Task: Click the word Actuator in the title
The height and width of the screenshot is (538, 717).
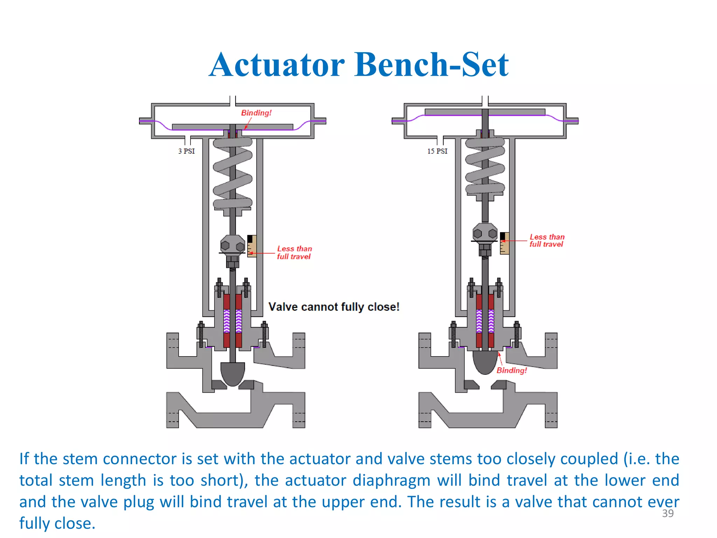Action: tap(277, 65)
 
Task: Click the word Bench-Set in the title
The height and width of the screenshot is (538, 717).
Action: tap(431, 65)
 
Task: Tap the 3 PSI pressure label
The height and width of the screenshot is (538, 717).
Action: tap(186, 151)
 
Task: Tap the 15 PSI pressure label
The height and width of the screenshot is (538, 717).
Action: tap(437, 151)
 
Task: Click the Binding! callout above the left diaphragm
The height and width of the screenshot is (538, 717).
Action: tap(256, 113)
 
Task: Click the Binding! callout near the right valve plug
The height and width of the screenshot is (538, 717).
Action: tap(511, 370)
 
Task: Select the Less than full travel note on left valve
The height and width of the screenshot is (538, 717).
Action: tap(294, 253)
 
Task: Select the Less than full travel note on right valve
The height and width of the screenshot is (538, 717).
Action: tap(547, 241)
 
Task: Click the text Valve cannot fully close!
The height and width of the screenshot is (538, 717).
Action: tap(334, 307)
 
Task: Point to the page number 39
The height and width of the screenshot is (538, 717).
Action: tap(668, 513)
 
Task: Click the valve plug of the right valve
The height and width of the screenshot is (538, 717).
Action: tap(485, 361)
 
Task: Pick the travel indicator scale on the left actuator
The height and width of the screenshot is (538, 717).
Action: tap(252, 246)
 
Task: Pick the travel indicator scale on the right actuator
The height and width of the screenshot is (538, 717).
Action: tap(504, 243)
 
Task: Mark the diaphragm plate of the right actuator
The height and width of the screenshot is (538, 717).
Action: tap(485, 112)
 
